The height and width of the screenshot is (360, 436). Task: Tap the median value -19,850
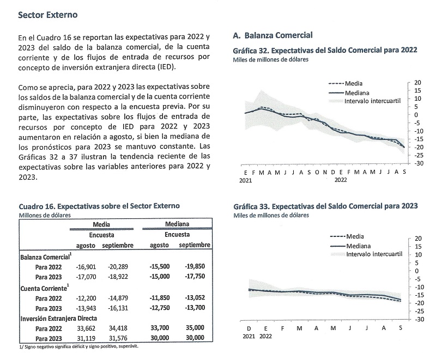tap(196, 266)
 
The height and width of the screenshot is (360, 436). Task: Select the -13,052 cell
tap(196, 297)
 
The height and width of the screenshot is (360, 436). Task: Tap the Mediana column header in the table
tap(177, 224)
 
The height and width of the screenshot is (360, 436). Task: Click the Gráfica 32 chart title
tap(325, 50)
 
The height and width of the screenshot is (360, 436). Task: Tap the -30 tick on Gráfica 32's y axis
tap(418, 163)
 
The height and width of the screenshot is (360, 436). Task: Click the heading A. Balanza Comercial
tap(272, 36)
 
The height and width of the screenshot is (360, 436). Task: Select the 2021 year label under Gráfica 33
tap(249, 337)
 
